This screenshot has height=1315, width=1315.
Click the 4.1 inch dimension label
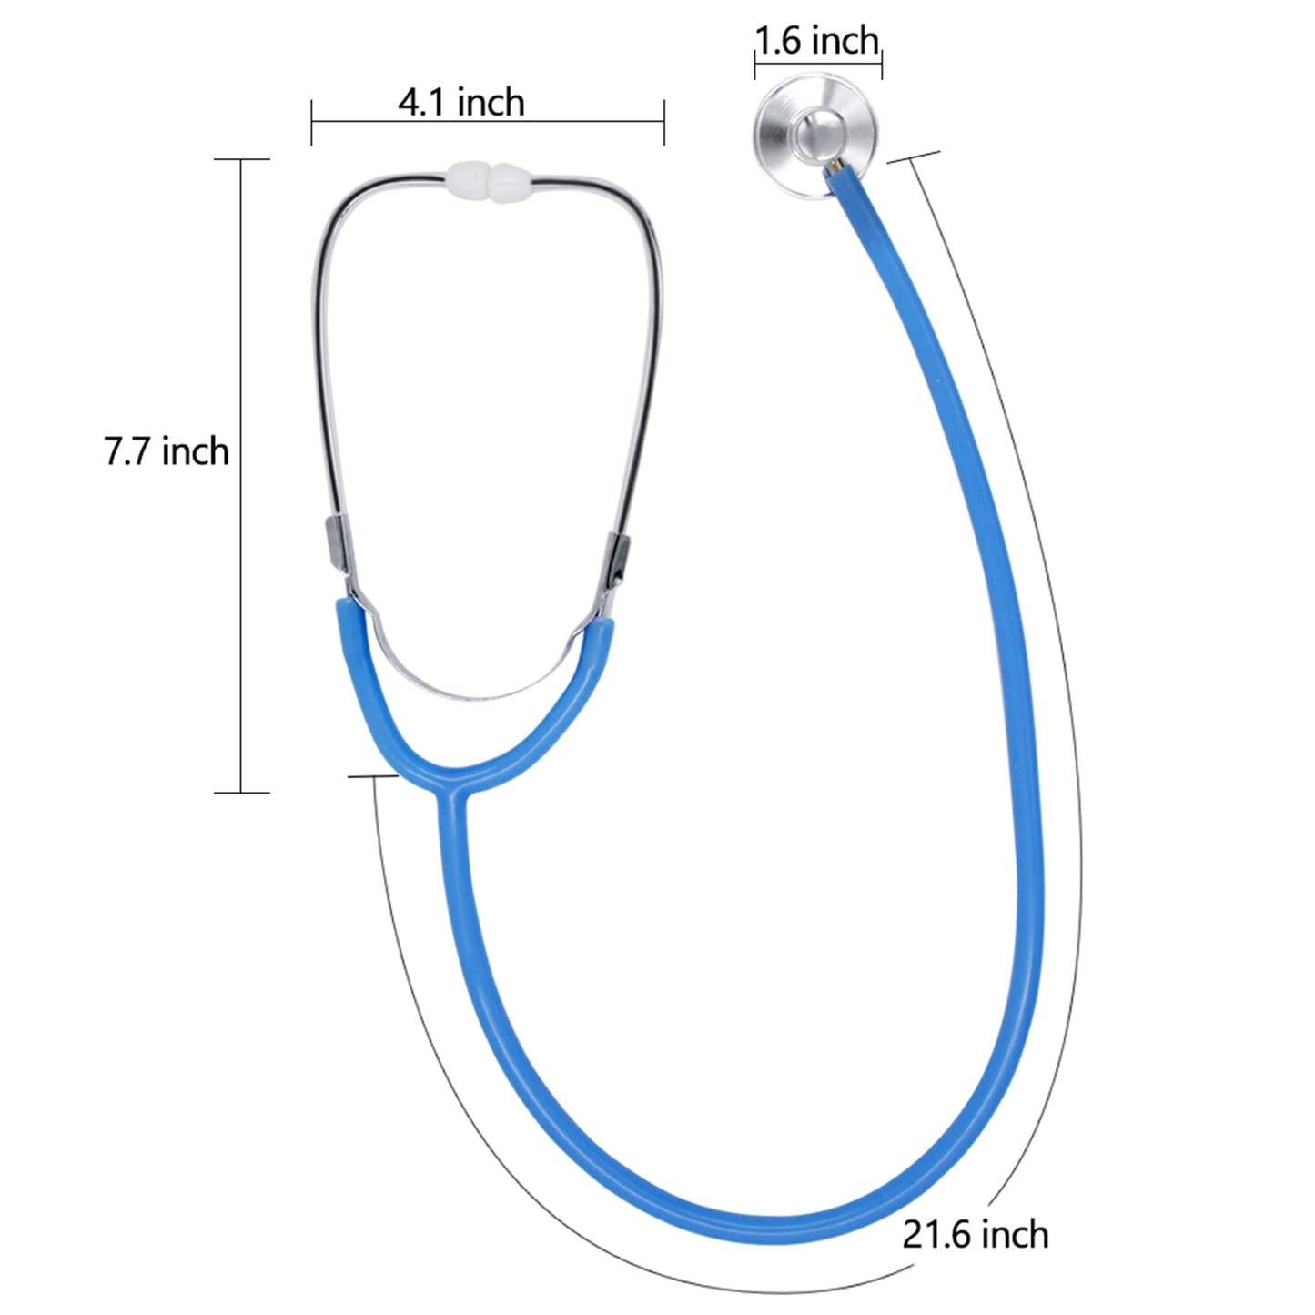tap(461, 101)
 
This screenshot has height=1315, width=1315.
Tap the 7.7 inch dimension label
tap(166, 451)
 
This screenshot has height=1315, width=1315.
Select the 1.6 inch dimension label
tap(817, 41)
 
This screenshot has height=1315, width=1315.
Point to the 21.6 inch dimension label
tap(976, 1234)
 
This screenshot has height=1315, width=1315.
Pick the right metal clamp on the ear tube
tap(618, 560)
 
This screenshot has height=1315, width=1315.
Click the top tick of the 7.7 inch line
tap(241, 159)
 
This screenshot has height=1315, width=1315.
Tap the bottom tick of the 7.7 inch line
tap(241, 793)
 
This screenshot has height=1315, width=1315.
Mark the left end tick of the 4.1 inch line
tap(312, 121)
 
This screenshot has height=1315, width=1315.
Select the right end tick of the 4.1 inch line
tap(664, 121)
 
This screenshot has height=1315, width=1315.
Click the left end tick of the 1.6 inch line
tap(754, 63)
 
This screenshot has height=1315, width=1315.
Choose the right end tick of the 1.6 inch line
tap(882, 63)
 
